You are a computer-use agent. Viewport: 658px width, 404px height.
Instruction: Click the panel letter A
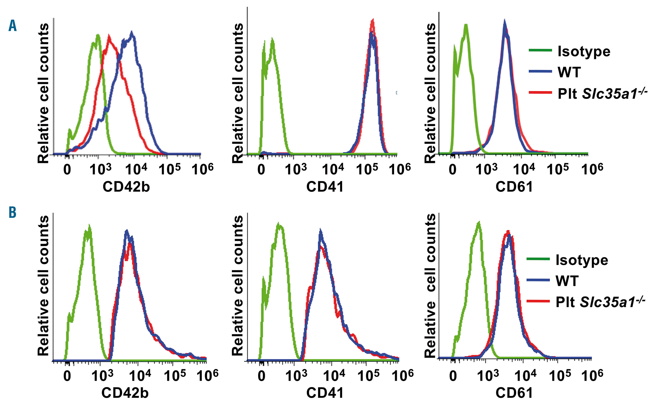13,26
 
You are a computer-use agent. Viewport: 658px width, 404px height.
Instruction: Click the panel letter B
13,213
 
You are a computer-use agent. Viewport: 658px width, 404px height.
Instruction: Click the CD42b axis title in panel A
126,187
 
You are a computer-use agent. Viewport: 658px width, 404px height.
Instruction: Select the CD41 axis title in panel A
325,187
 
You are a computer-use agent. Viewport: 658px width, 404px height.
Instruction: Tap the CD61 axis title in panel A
514,187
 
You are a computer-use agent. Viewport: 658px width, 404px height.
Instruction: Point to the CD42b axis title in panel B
125,393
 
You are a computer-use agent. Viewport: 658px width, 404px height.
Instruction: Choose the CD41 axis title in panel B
325,393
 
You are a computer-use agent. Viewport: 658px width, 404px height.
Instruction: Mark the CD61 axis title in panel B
514,393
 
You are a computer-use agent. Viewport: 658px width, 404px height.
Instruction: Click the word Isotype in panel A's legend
584,52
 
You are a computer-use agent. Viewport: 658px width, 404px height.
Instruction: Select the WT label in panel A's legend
569,72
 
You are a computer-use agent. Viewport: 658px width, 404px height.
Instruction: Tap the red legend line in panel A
540,93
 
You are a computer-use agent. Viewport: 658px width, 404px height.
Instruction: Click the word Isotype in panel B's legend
582,260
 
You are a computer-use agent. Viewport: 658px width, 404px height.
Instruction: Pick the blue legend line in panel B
538,280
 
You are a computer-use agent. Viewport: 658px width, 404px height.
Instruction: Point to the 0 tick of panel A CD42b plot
67,169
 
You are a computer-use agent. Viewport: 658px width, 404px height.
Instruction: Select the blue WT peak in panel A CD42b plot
132,33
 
